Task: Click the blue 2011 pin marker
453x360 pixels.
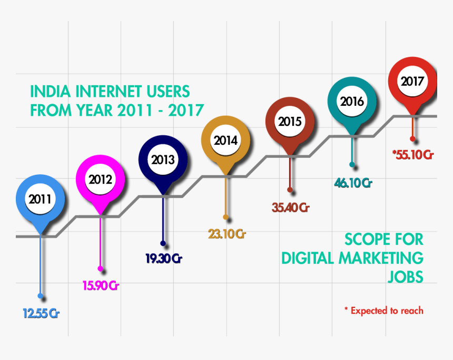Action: (40, 199)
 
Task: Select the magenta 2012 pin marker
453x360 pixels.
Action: (100, 179)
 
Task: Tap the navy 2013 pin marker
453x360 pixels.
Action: (163, 160)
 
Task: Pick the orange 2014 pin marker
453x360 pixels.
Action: (225, 141)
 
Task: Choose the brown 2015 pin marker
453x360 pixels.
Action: (289, 122)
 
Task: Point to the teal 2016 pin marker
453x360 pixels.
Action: (352, 101)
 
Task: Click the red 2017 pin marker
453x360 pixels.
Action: (412, 82)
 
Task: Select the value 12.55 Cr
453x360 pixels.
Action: (41, 314)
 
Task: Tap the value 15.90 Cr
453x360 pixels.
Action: (101, 286)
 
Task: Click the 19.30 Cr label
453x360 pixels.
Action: (164, 259)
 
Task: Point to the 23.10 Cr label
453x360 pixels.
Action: (226, 234)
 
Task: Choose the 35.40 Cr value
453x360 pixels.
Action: (290, 207)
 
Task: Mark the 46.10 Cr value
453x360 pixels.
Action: (353, 183)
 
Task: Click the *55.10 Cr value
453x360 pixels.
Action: (412, 155)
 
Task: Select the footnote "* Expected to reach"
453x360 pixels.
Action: (383, 311)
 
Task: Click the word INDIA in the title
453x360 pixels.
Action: (44, 91)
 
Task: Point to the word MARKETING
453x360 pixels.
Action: (381, 258)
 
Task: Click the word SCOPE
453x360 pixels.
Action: (366, 239)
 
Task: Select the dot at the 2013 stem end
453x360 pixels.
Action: (163, 244)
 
